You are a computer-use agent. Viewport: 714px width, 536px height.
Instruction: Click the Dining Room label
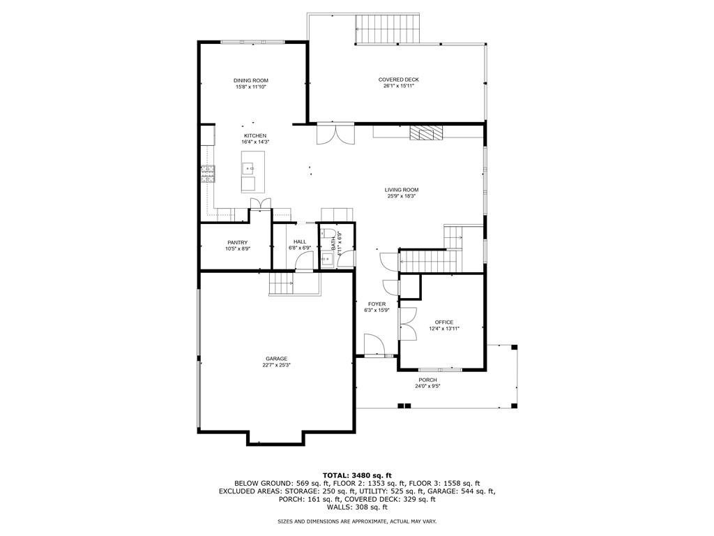click(x=250, y=81)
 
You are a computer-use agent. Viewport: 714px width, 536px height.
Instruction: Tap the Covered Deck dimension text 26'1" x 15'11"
click(x=399, y=86)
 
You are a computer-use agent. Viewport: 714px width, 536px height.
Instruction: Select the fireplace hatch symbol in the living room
click(x=425, y=133)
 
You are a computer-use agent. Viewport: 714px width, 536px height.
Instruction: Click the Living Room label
click(x=402, y=190)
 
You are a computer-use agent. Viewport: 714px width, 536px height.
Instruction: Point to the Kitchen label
click(x=255, y=135)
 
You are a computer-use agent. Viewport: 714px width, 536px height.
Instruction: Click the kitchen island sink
click(x=248, y=167)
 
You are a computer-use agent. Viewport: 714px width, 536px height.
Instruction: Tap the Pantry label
click(x=237, y=242)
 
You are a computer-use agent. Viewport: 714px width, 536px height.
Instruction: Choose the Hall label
click(x=300, y=241)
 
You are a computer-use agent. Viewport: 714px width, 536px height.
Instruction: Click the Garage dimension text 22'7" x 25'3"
click(x=275, y=365)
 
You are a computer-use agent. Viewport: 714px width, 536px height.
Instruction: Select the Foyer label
click(x=377, y=304)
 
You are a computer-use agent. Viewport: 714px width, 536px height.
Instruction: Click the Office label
click(x=444, y=322)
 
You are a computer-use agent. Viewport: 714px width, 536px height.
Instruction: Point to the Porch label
click(x=428, y=380)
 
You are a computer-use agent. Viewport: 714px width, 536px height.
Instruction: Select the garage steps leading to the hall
click(x=282, y=283)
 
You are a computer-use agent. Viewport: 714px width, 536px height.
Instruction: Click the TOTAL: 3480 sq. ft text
click(x=356, y=475)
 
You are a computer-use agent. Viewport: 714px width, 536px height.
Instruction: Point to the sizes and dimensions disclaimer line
click(x=356, y=521)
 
